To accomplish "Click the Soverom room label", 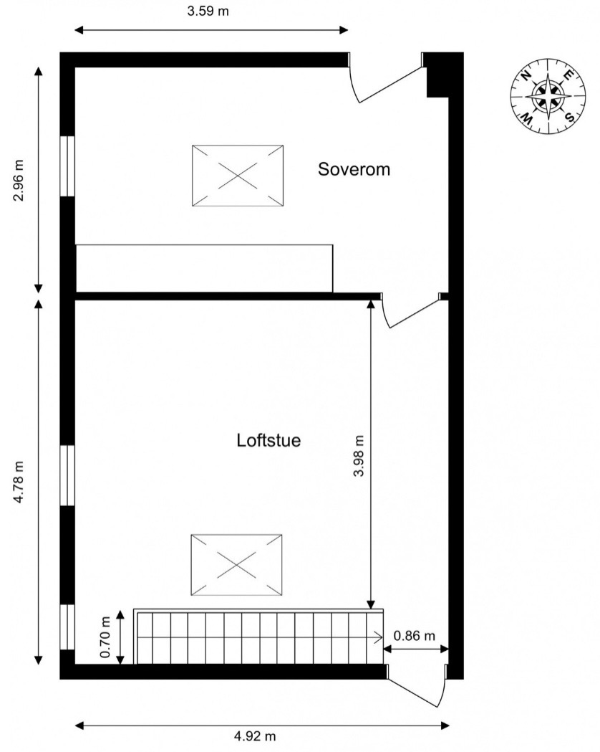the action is coord(354,169).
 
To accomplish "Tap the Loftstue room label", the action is coord(268,440).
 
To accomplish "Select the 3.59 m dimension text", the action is coord(208,11).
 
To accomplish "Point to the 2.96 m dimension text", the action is coord(18,181).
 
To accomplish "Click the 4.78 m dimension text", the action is coord(18,482).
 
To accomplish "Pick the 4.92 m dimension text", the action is coord(255,736).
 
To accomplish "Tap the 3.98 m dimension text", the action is coord(359,456).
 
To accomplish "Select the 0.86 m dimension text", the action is coord(415,636).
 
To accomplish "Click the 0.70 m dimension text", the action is coord(106,637).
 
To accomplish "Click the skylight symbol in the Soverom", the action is coord(238,176).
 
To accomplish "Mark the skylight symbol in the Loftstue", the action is coord(236,565).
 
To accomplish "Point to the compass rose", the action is coord(548,96).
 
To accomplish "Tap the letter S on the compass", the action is coord(570,117).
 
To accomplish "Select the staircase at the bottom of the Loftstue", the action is coord(258,637).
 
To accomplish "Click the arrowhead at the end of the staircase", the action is coord(379,637).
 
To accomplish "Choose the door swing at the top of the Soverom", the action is coord(387,82).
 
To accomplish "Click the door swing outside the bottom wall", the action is coord(416,686).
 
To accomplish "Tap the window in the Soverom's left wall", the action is coord(67,166).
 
